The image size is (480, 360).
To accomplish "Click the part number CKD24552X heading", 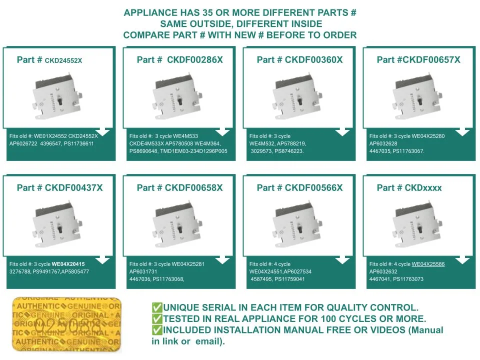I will tap(49, 60).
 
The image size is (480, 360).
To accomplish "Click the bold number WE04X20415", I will tap(68, 264).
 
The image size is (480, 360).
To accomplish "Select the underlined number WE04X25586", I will tap(428, 264).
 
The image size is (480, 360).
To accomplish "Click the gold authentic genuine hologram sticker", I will tap(66, 325).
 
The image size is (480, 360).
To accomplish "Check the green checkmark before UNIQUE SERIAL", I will tap(157, 307).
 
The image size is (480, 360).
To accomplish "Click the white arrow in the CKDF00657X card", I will tap(462, 131).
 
